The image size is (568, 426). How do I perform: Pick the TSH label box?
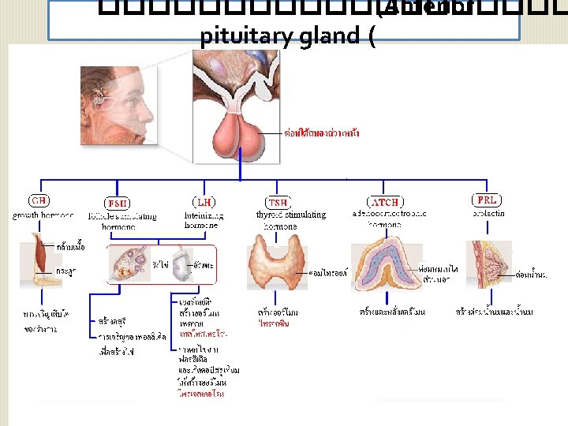[x=278, y=202]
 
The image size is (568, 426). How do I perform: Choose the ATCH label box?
[x=385, y=202]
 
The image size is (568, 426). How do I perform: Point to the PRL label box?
[x=487, y=200]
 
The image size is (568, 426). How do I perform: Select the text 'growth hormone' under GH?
[x=43, y=215]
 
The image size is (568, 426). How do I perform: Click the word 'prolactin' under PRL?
[x=488, y=213]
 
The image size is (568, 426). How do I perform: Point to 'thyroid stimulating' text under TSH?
[x=291, y=215]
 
